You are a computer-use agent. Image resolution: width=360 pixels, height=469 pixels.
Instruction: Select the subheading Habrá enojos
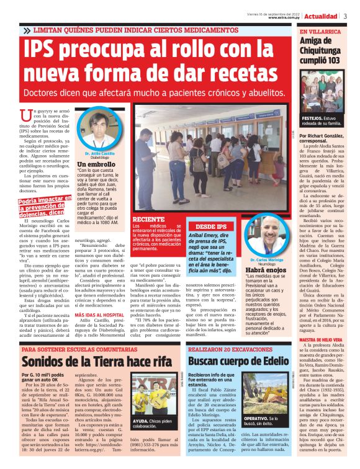coord(266,270)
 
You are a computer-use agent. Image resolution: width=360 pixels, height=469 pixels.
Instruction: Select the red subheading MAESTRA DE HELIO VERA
coord(322,339)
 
